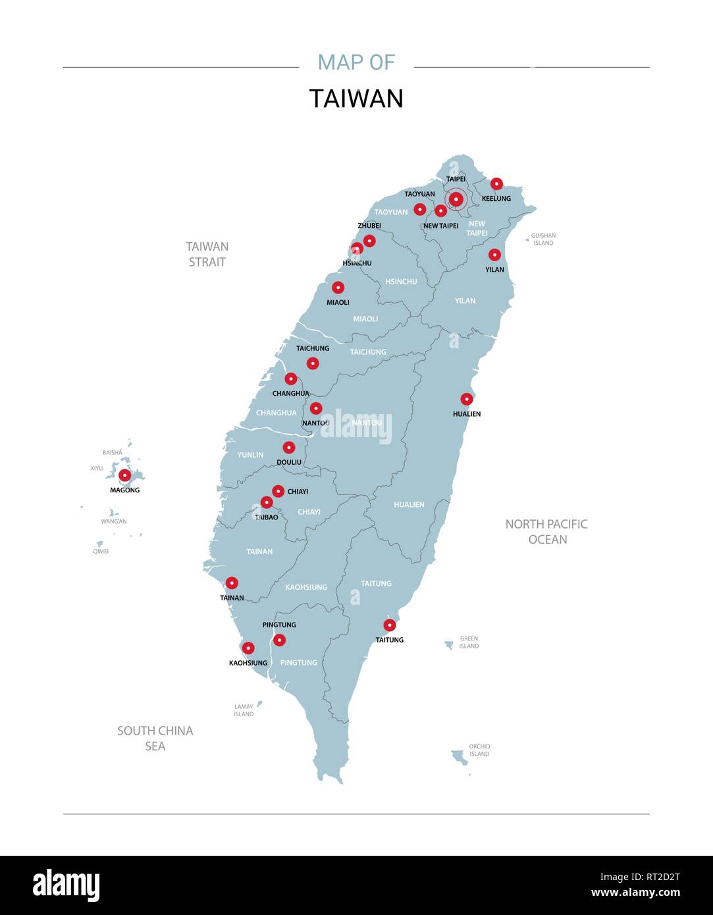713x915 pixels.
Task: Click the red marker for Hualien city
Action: click(467, 399)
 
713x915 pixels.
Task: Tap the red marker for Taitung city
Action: click(390, 625)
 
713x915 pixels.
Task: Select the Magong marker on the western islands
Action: click(124, 475)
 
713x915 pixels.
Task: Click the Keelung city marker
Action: click(496, 184)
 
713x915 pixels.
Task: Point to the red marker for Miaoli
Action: click(338, 288)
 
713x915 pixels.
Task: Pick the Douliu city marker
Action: click(288, 448)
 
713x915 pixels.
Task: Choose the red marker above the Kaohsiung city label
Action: click(248, 648)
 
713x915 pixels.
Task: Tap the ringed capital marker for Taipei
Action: click(456, 199)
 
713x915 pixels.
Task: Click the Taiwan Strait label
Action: click(207, 254)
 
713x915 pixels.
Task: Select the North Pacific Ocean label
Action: click(546, 531)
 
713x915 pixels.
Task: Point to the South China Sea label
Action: click(155, 738)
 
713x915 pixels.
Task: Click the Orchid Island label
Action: click(479, 750)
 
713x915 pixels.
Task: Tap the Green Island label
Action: click(469, 642)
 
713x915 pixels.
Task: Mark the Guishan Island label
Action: click(543, 239)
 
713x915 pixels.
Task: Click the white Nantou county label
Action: click(367, 422)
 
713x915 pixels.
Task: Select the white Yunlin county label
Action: click(250, 455)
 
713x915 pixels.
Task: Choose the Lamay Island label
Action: click(244, 710)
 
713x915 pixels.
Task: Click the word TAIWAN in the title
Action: click(356, 99)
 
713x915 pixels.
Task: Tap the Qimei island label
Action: click(101, 551)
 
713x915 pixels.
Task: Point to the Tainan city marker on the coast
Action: click(232, 583)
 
